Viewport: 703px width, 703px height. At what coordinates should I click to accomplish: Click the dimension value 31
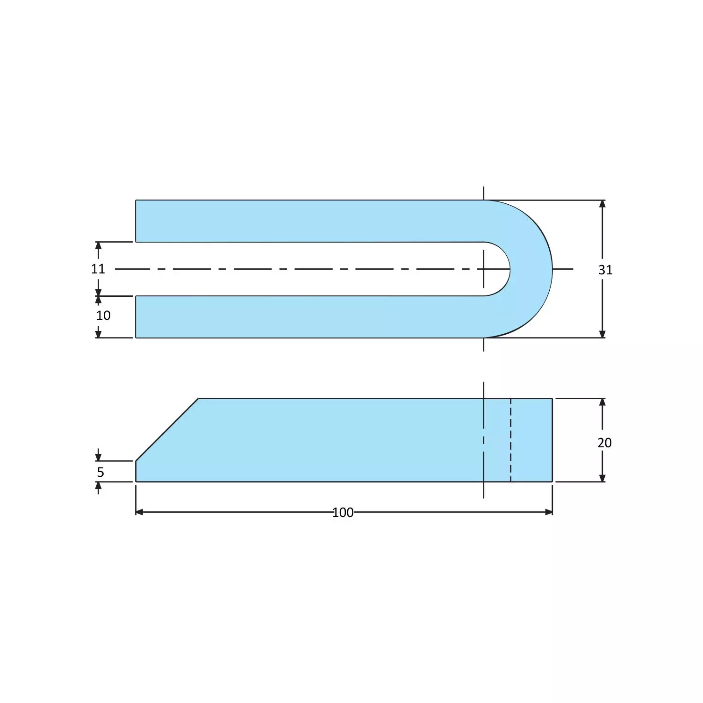pos(605,270)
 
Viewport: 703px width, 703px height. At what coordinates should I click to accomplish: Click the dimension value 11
pos(98,269)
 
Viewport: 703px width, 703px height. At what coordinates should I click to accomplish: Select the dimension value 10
pos(103,316)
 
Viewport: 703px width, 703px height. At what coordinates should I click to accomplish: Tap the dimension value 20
pos(604,443)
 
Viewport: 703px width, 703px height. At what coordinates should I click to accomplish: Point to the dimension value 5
pos(100,473)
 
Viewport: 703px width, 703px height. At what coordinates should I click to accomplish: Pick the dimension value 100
pos(343,513)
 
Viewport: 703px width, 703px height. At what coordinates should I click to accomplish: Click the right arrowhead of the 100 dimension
pos(549,512)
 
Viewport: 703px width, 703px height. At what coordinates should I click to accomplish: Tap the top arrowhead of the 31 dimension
pos(602,204)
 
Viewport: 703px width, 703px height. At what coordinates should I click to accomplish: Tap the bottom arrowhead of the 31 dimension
pos(602,334)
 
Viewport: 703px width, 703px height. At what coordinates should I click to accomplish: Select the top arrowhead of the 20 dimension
pos(602,402)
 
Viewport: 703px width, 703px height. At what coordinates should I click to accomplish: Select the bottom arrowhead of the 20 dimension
pos(602,478)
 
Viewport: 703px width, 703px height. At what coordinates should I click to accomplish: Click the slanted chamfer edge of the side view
pos(167,430)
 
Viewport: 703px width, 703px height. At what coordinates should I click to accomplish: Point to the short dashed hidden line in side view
pos(510,439)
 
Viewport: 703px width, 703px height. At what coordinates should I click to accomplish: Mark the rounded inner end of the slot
pos(509,269)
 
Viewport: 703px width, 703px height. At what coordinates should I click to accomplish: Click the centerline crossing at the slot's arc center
pos(483,269)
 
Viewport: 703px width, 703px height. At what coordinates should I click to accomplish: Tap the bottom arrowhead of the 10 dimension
pos(98,334)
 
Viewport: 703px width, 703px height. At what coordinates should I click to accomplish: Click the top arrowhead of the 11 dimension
pos(98,245)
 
